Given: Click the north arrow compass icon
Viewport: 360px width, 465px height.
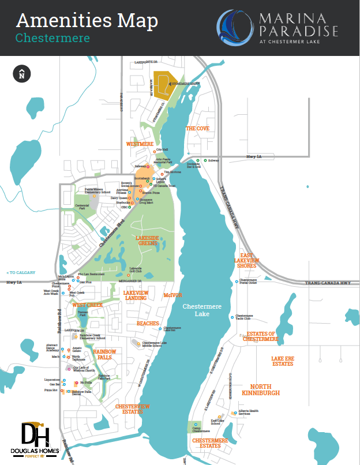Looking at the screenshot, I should click(x=21, y=73).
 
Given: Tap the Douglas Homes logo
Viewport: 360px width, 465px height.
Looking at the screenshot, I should click(x=35, y=440).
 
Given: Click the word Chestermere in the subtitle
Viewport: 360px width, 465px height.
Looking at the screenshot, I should click(x=52, y=38).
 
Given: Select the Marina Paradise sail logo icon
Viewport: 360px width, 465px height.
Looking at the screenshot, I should click(x=234, y=27).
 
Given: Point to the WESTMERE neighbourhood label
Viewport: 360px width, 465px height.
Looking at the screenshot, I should click(x=140, y=144).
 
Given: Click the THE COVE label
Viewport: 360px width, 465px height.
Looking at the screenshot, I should click(x=197, y=129).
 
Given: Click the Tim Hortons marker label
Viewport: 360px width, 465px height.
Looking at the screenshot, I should click(x=172, y=172).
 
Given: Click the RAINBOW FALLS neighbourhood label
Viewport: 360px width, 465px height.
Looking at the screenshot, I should click(x=105, y=354).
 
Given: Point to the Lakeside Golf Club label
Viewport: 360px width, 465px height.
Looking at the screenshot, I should click(x=136, y=269).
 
